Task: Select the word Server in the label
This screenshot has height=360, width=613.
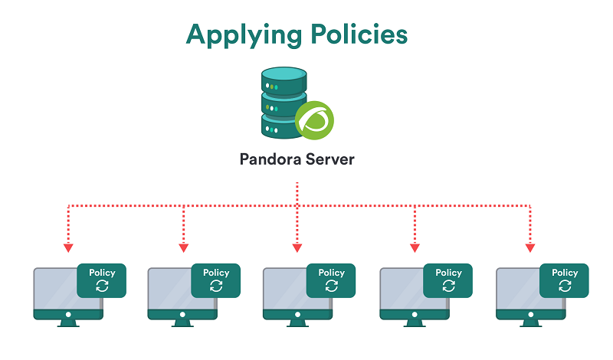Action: tap(333, 160)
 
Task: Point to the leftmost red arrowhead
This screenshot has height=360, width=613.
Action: tap(68, 247)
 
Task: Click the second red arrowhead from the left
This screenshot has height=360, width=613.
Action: tap(183, 247)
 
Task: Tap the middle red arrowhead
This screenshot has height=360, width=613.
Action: tap(297, 247)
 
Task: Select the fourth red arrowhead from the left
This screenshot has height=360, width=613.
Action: tap(415, 247)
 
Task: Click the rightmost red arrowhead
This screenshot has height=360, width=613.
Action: tap(529, 247)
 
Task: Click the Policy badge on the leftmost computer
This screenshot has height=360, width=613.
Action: tap(102, 280)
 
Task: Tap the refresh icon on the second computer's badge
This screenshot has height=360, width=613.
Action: tap(216, 286)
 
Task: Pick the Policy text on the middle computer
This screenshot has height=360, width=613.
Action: tap(331, 273)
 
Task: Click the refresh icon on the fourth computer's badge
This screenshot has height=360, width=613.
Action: tap(448, 286)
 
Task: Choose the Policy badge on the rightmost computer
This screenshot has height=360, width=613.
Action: tap(565, 280)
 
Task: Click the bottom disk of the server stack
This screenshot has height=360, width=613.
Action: tap(280, 126)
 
